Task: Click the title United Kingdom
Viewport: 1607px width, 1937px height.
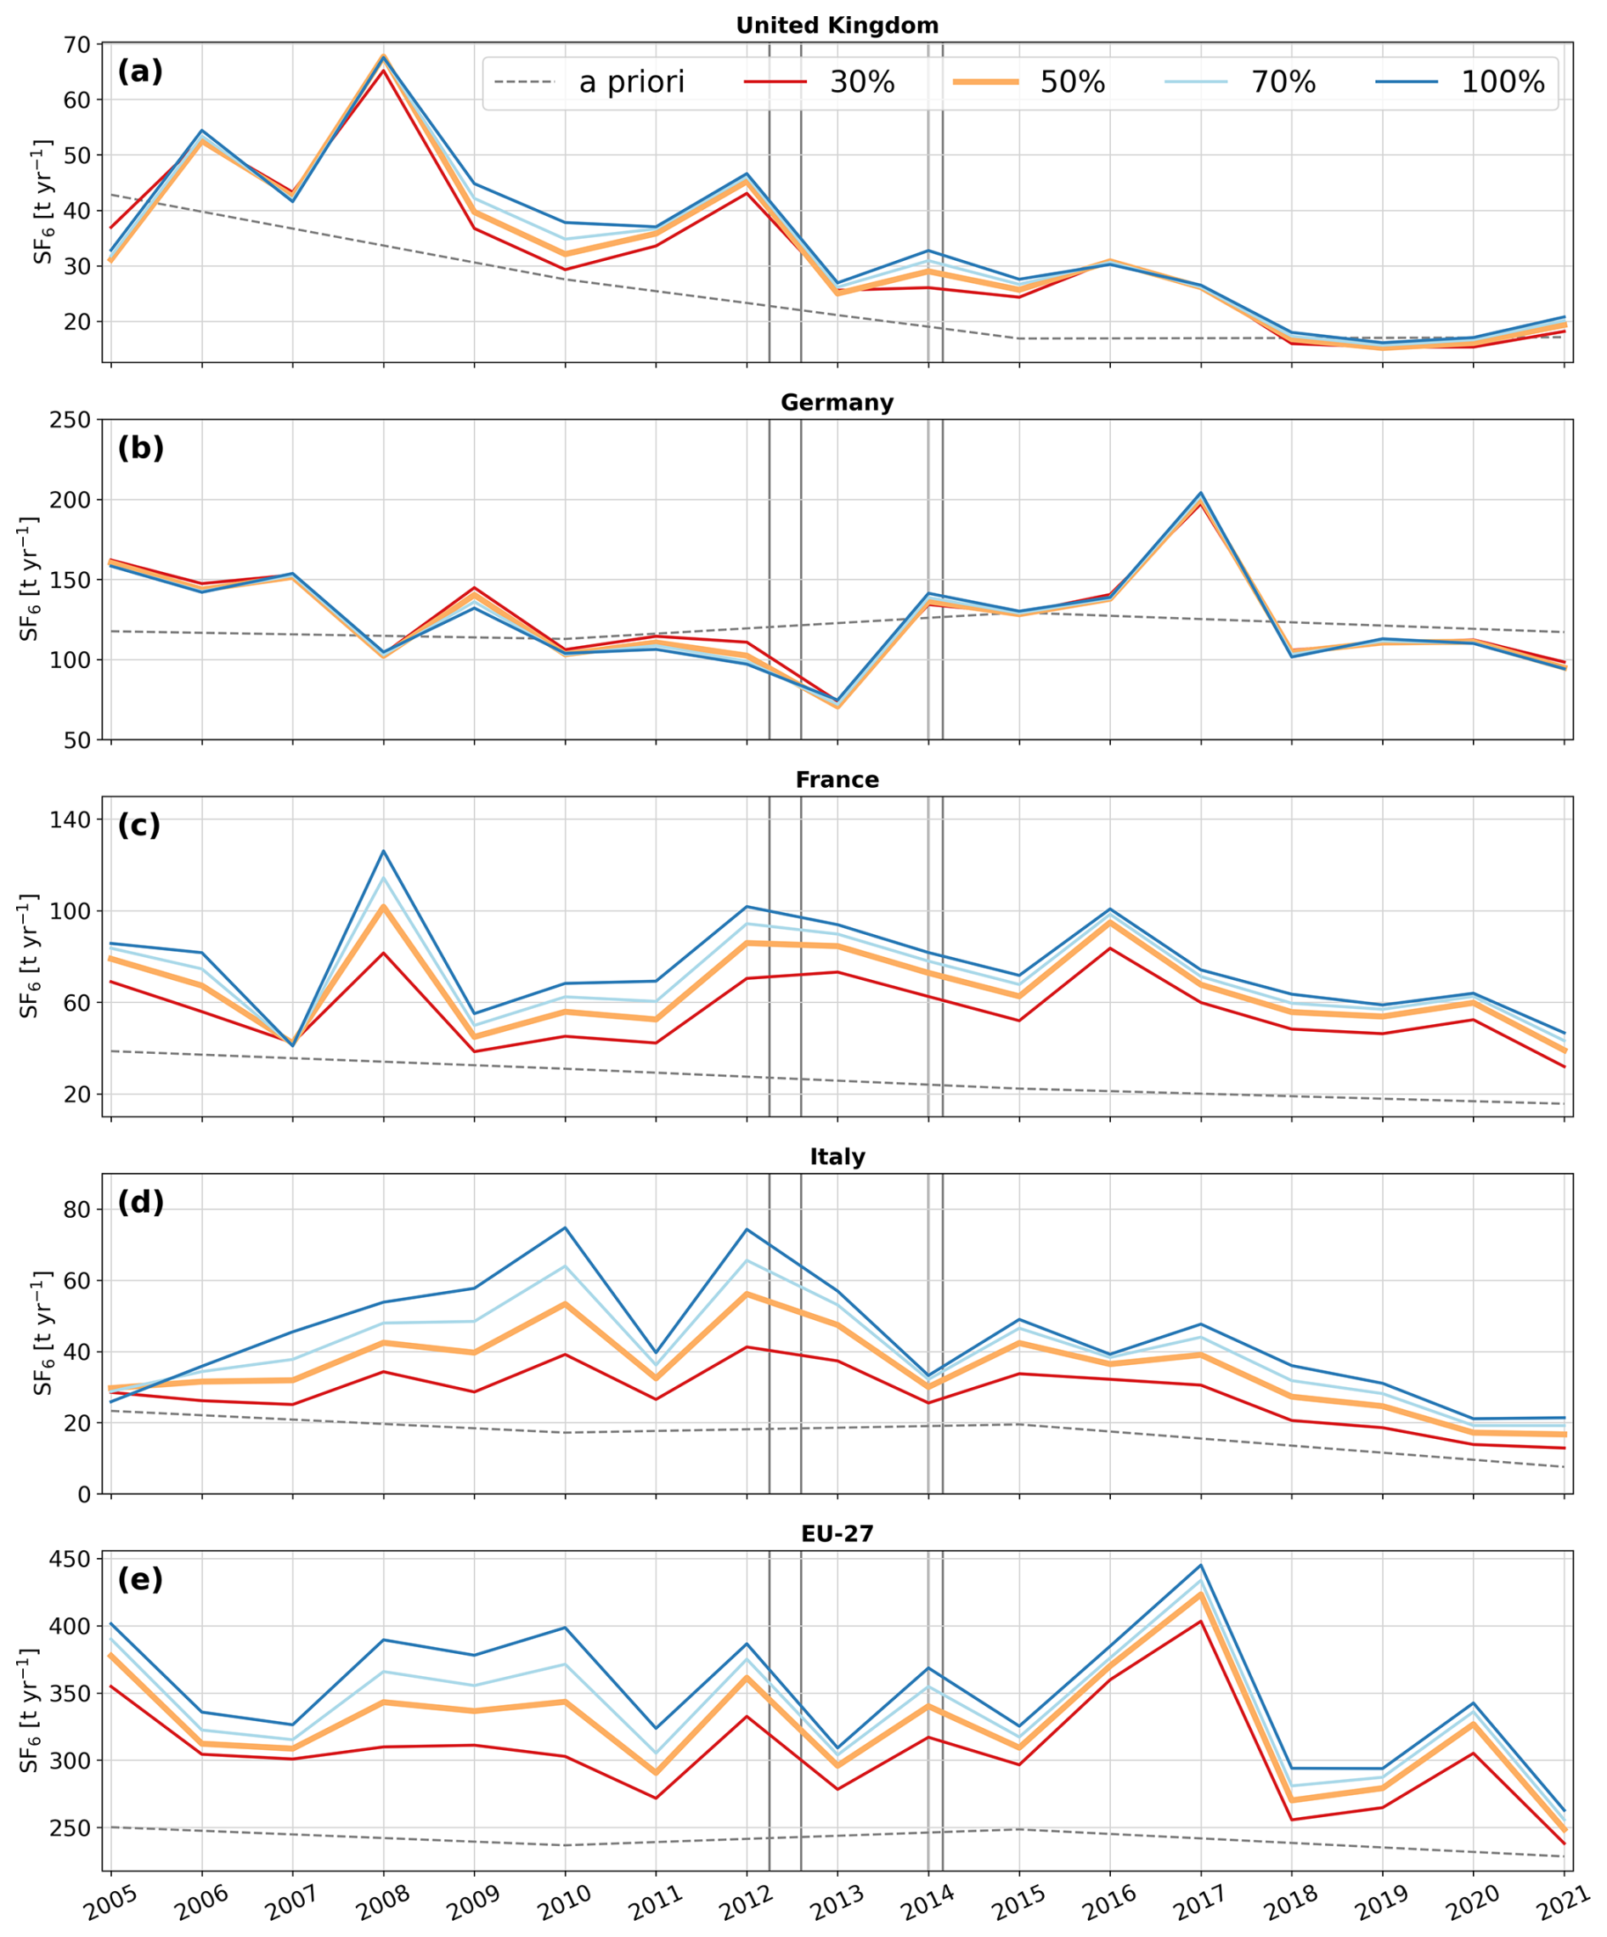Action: tap(837, 25)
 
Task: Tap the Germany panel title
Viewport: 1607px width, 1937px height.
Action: tap(837, 403)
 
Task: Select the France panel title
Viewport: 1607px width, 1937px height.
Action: tap(837, 780)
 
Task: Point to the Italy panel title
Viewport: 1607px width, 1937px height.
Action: tap(837, 1158)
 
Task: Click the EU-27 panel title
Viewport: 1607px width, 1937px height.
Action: tap(837, 1534)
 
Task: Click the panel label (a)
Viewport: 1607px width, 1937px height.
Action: tap(140, 72)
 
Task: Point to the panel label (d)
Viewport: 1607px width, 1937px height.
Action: tap(140, 1203)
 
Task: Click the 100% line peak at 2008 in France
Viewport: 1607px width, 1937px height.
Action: tap(384, 851)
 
